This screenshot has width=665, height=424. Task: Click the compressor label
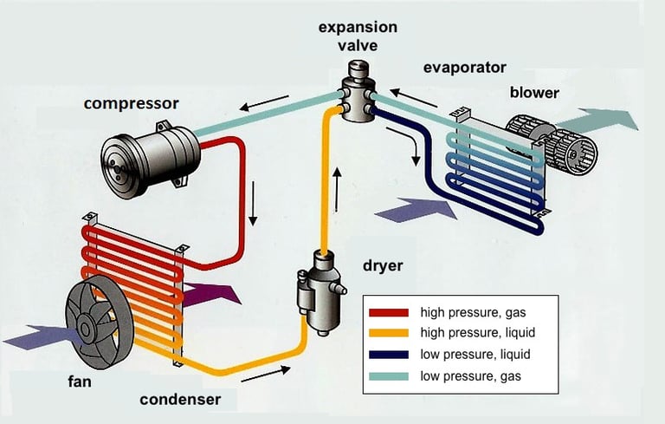[131, 104]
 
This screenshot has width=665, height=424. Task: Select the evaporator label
[465, 67]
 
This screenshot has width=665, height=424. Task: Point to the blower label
[534, 93]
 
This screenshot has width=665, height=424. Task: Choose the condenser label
[180, 400]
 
